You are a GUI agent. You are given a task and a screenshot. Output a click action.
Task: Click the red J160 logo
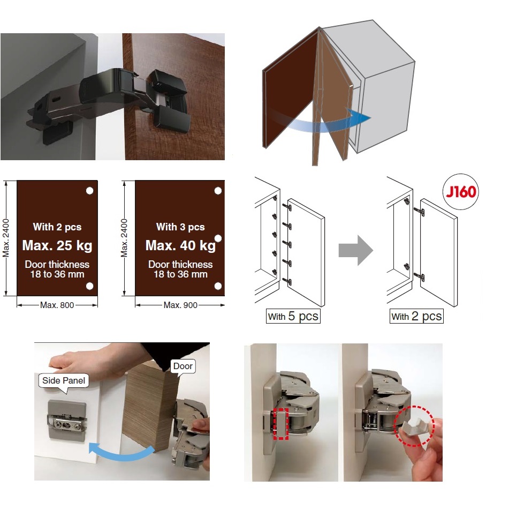click(x=461, y=192)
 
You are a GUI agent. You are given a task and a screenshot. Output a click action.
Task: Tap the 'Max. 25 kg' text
click(x=57, y=245)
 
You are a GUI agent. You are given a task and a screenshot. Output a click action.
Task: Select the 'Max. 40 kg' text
click(x=180, y=245)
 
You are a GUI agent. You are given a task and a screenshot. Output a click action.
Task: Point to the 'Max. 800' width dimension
click(x=57, y=305)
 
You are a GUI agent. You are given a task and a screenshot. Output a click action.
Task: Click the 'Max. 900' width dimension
click(x=180, y=305)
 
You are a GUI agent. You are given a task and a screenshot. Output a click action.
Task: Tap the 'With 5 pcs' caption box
click(x=293, y=316)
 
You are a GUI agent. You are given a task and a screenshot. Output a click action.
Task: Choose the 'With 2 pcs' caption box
click(x=416, y=316)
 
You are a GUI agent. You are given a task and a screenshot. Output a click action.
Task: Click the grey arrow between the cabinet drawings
click(x=356, y=250)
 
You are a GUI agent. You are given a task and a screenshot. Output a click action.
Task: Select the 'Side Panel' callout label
click(x=64, y=381)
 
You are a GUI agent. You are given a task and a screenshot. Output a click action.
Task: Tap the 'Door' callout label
click(x=183, y=366)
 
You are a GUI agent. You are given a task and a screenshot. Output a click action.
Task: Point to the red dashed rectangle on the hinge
click(x=280, y=424)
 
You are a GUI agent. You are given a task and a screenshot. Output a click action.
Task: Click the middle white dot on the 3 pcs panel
click(x=218, y=238)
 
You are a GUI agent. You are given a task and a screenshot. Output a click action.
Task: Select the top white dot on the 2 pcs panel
click(x=89, y=191)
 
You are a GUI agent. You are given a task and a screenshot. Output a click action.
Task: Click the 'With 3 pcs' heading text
click(x=180, y=227)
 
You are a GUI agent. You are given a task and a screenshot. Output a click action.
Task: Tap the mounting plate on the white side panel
click(x=67, y=419)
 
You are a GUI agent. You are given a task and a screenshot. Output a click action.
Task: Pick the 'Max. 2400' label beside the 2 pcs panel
click(x=6, y=238)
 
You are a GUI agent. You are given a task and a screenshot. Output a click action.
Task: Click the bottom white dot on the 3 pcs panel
click(x=218, y=286)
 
